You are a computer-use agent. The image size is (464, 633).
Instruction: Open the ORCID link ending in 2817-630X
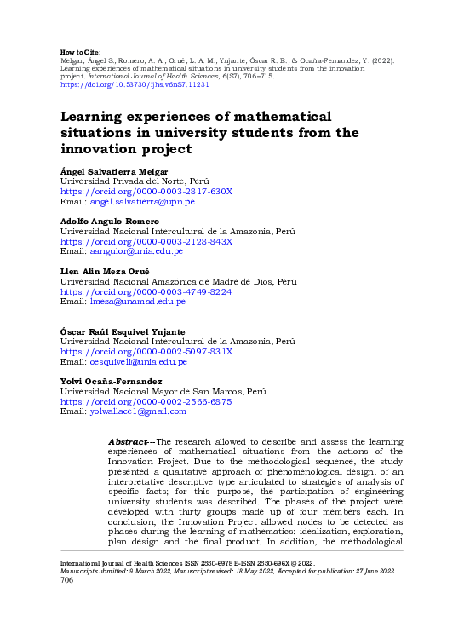coord(146,192)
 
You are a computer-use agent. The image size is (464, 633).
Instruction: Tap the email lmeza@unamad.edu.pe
coord(137,301)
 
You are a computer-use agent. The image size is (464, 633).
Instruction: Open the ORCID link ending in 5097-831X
coord(146,351)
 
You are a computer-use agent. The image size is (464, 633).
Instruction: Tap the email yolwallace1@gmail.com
coord(137,411)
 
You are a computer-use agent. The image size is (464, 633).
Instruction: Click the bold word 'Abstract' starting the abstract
coord(127,442)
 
